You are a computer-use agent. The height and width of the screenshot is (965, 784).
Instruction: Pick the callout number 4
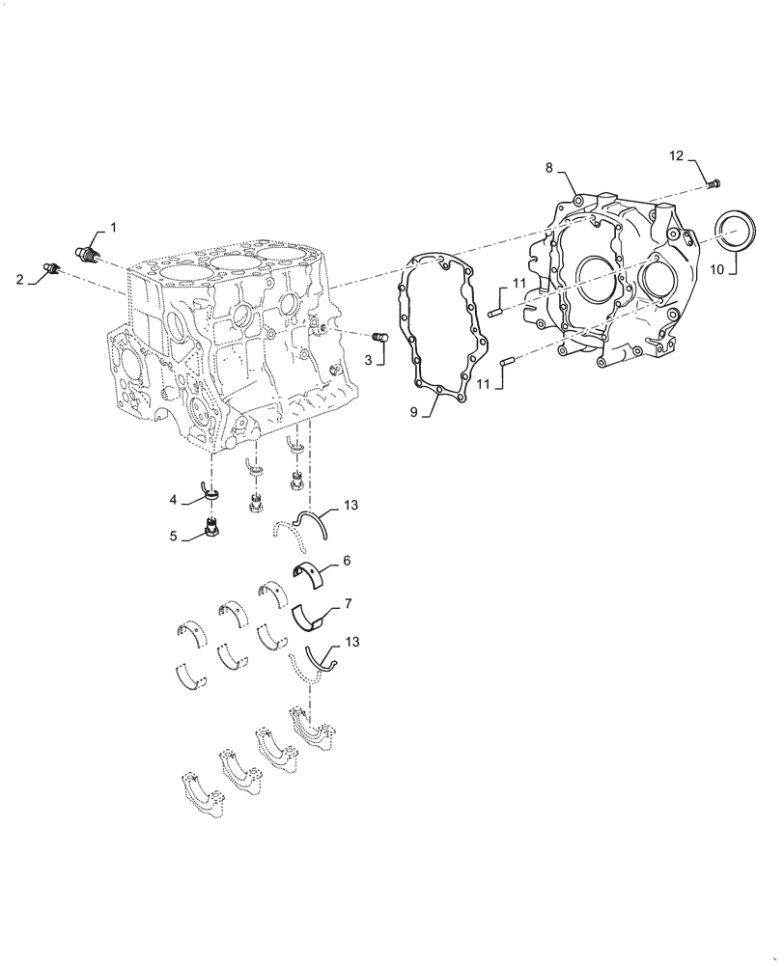[x=174, y=500]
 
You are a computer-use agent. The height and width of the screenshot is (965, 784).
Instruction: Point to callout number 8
[x=548, y=168]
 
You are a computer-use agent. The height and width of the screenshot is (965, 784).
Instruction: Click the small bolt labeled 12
[x=715, y=183]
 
